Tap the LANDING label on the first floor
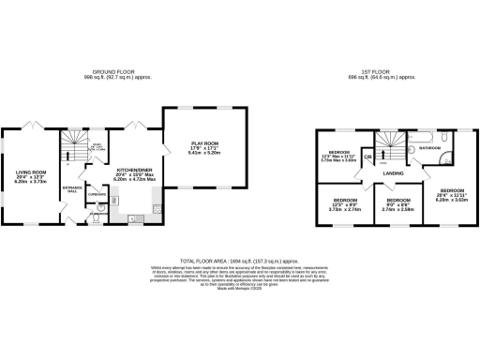point(393,172)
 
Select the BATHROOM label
point(431,148)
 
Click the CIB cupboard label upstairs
point(367,157)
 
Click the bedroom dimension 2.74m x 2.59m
point(398,209)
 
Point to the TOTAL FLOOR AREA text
point(238,261)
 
